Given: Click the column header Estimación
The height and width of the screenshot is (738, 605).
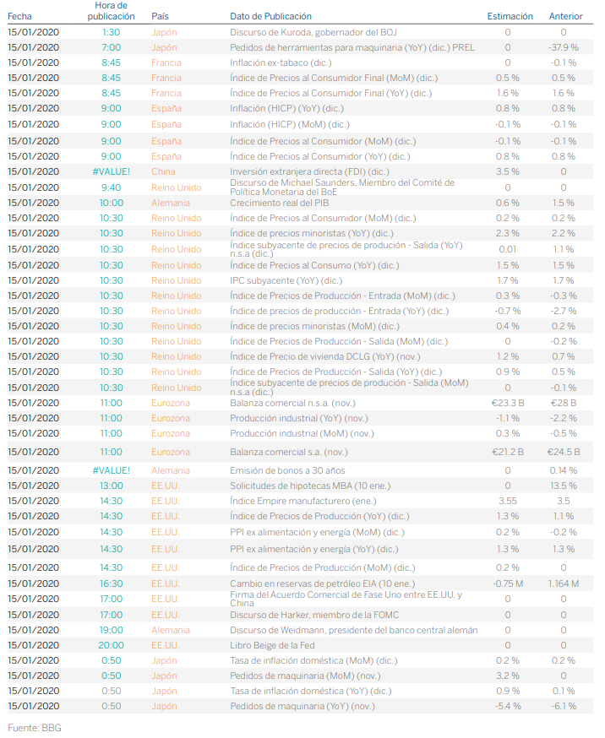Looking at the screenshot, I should (510, 16).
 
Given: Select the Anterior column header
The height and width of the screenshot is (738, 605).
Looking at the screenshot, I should (565, 16).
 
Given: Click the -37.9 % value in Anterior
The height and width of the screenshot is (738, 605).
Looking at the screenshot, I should (563, 47).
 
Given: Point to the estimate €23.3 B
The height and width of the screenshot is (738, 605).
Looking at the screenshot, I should (507, 403).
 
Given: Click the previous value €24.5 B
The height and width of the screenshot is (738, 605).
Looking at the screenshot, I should (563, 452).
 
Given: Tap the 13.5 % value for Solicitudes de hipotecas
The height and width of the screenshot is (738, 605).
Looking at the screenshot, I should (563, 486).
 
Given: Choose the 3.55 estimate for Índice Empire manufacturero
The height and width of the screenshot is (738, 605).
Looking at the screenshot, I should (508, 501).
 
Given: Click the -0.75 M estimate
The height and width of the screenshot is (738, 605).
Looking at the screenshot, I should (508, 583).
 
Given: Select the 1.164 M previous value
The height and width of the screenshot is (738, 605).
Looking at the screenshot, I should (563, 583).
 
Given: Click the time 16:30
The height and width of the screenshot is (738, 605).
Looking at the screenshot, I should (111, 583).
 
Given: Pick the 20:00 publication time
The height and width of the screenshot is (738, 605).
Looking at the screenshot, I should (111, 645).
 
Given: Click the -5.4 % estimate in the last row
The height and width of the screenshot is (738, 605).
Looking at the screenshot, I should (508, 706).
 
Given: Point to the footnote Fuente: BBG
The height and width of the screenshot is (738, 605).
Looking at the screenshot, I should (35, 727).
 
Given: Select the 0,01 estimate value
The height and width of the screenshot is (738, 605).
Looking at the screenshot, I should (508, 249).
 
